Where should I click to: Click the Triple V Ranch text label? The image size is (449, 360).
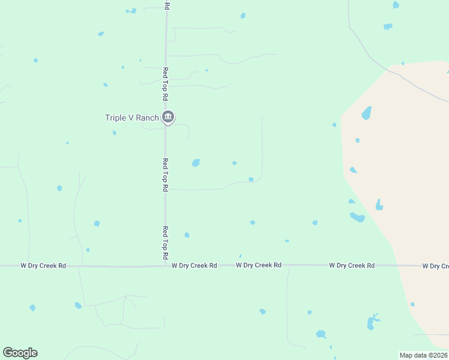(x=131, y=118)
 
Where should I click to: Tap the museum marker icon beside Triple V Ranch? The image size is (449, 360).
(x=168, y=117)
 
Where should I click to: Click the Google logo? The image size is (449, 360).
(x=20, y=353)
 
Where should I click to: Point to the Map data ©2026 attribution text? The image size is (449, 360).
(x=424, y=355)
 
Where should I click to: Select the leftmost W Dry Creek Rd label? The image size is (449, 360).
(x=43, y=265)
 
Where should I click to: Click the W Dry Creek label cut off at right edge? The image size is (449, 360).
(x=435, y=266)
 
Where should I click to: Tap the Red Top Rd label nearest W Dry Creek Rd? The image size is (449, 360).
(x=165, y=242)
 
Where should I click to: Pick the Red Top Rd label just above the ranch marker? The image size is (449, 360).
(x=166, y=83)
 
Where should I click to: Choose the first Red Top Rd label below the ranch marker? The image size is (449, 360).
(x=165, y=175)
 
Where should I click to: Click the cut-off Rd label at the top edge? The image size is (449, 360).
(x=167, y=5)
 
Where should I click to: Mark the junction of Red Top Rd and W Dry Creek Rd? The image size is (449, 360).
(x=166, y=266)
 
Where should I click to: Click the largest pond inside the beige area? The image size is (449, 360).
(x=366, y=113)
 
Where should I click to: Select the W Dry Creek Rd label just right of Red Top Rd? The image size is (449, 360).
(x=194, y=265)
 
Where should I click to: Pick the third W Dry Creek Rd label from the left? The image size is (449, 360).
(x=259, y=265)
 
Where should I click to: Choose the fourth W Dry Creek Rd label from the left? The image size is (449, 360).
(x=352, y=265)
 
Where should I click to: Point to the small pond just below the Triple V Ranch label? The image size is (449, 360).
(x=114, y=133)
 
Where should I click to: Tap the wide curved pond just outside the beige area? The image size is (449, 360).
(x=357, y=217)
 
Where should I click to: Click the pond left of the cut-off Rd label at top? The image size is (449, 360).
(x=131, y=11)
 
